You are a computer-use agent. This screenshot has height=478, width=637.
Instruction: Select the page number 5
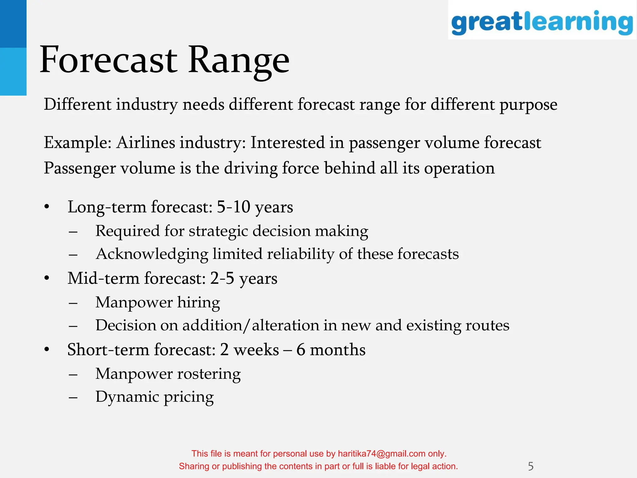pyautogui.click(x=531, y=466)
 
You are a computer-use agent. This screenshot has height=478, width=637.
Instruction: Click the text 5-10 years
pyautogui.click(x=255, y=207)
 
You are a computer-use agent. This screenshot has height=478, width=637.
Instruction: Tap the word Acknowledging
pyautogui.click(x=152, y=254)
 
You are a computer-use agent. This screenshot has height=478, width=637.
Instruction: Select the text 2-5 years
pyautogui.click(x=244, y=279)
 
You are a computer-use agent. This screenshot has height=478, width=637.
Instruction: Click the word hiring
pyautogui.click(x=198, y=302)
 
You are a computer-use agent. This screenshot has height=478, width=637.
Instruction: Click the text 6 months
pyautogui.click(x=331, y=350)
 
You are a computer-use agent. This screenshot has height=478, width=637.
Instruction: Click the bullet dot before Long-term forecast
pyautogui.click(x=47, y=207)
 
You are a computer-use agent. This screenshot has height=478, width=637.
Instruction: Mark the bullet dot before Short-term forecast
pyautogui.click(x=47, y=349)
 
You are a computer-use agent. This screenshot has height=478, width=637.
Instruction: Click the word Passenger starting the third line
pyautogui.click(x=79, y=169)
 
